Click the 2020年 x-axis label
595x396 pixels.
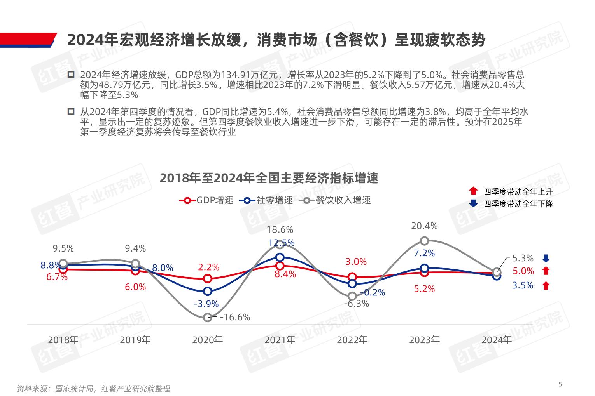click(x=207, y=340)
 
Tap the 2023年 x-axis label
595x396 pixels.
click(x=424, y=340)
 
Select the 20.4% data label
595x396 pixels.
click(x=424, y=226)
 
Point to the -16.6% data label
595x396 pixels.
click(x=234, y=317)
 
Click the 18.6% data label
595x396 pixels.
click(x=280, y=229)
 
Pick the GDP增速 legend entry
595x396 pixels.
click(x=206, y=200)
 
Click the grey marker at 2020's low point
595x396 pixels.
click(x=208, y=317)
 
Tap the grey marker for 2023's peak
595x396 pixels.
click(x=424, y=241)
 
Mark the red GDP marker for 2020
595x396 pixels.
click(x=208, y=278)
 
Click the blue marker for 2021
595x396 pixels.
click(x=280, y=257)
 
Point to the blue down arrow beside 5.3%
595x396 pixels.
click(x=546, y=259)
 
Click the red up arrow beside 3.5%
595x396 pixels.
click(x=546, y=286)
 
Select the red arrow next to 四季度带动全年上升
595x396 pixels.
click(x=473, y=191)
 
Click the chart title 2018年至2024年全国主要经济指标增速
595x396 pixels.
click(x=269, y=178)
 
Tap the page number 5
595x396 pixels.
click(x=560, y=384)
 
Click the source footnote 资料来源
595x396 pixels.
click(x=93, y=388)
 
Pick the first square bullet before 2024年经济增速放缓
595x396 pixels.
click(x=71, y=75)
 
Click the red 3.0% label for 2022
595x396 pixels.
click(x=356, y=262)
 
